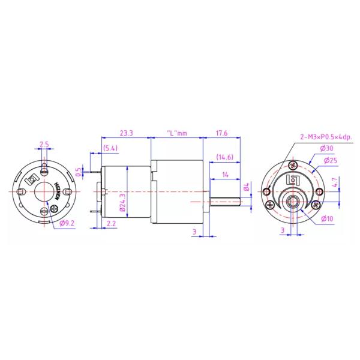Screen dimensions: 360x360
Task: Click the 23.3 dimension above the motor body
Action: (x=126, y=133)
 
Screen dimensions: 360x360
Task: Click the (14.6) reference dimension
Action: (x=226, y=157)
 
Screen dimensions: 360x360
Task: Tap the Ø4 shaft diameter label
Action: (x=246, y=190)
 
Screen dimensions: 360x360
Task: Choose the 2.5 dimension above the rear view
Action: (x=44, y=144)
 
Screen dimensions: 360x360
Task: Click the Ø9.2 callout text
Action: (x=67, y=224)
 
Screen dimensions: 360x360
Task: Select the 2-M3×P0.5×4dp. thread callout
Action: (x=326, y=137)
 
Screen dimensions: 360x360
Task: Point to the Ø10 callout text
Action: (x=326, y=218)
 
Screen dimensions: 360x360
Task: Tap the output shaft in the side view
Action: (x=225, y=199)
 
